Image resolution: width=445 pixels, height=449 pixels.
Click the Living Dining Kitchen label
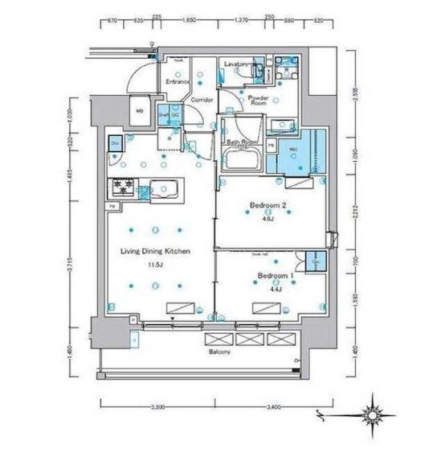[x=154, y=251]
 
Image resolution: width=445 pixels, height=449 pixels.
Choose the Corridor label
[x=201, y=100]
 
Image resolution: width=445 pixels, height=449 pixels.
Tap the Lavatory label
[x=239, y=63]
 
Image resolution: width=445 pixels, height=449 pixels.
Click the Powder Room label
[x=256, y=99]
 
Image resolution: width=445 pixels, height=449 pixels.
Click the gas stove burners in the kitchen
[x=123, y=187]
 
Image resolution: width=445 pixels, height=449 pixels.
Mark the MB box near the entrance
[x=139, y=112]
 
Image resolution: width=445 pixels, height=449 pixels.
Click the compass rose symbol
[x=374, y=415]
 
